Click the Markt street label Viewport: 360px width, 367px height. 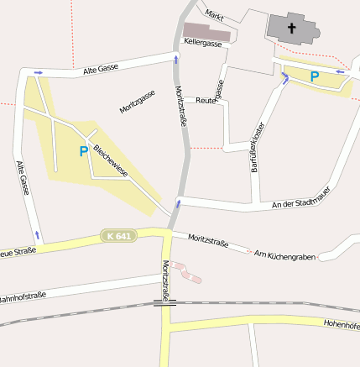[x=215, y=15]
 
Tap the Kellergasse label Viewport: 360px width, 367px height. [x=203, y=41]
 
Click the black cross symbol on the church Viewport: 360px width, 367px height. [x=293, y=28]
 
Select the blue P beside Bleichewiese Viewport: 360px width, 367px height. [x=83, y=151]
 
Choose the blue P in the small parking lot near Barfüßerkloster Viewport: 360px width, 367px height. [x=315, y=76]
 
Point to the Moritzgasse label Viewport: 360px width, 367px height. [x=137, y=102]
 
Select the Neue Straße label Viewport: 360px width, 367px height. [x=17, y=251]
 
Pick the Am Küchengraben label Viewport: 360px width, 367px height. [x=284, y=254]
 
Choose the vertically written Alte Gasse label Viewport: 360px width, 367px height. [x=23, y=179]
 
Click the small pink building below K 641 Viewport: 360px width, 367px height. [x=187, y=271]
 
